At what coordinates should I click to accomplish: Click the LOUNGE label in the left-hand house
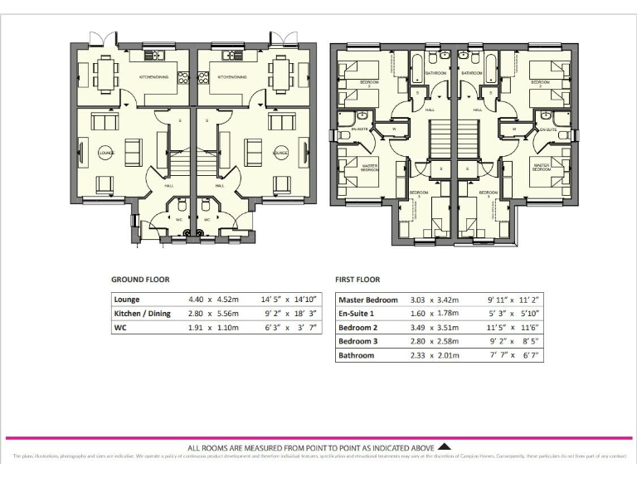(105, 153)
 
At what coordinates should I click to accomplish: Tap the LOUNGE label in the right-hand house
(280, 153)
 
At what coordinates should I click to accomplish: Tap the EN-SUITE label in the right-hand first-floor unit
(547, 129)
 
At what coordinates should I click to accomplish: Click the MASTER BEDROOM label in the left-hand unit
(371, 168)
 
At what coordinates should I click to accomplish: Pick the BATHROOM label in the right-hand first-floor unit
(473, 74)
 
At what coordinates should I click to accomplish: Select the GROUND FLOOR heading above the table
(140, 280)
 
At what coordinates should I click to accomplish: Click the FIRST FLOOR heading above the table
(357, 280)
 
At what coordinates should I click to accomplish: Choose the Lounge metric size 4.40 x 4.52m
(213, 299)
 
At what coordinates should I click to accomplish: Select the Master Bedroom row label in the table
(368, 300)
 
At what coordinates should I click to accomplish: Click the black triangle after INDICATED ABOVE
(444, 446)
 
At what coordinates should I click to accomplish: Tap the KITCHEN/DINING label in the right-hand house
(233, 77)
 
